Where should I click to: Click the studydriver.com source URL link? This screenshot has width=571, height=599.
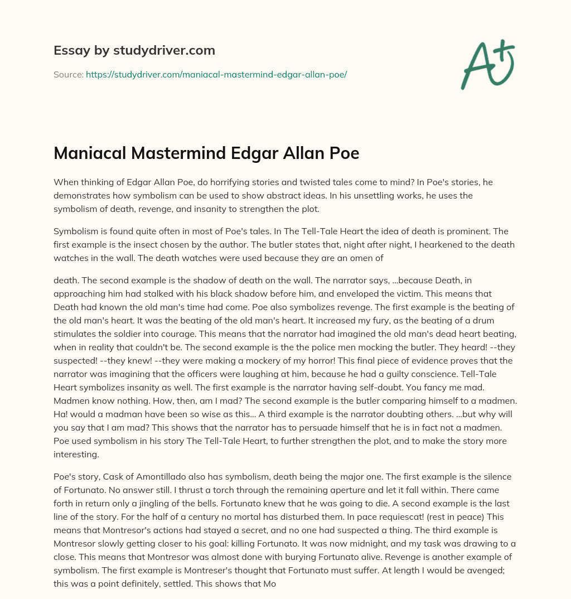(x=216, y=74)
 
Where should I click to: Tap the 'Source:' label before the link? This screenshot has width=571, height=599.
(x=69, y=74)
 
